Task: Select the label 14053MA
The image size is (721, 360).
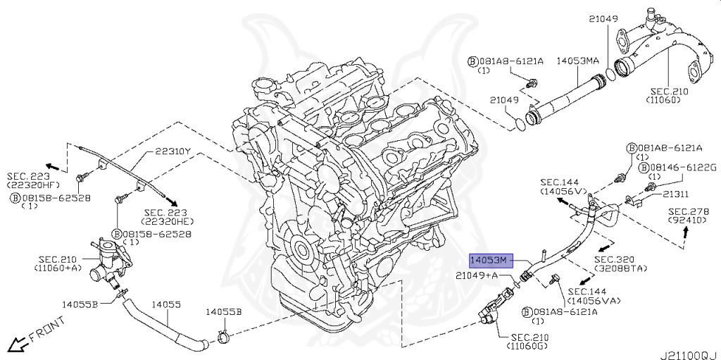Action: [x=579, y=61]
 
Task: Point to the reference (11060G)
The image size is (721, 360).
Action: [x=527, y=346]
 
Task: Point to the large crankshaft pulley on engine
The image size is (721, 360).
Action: [x=303, y=252]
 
